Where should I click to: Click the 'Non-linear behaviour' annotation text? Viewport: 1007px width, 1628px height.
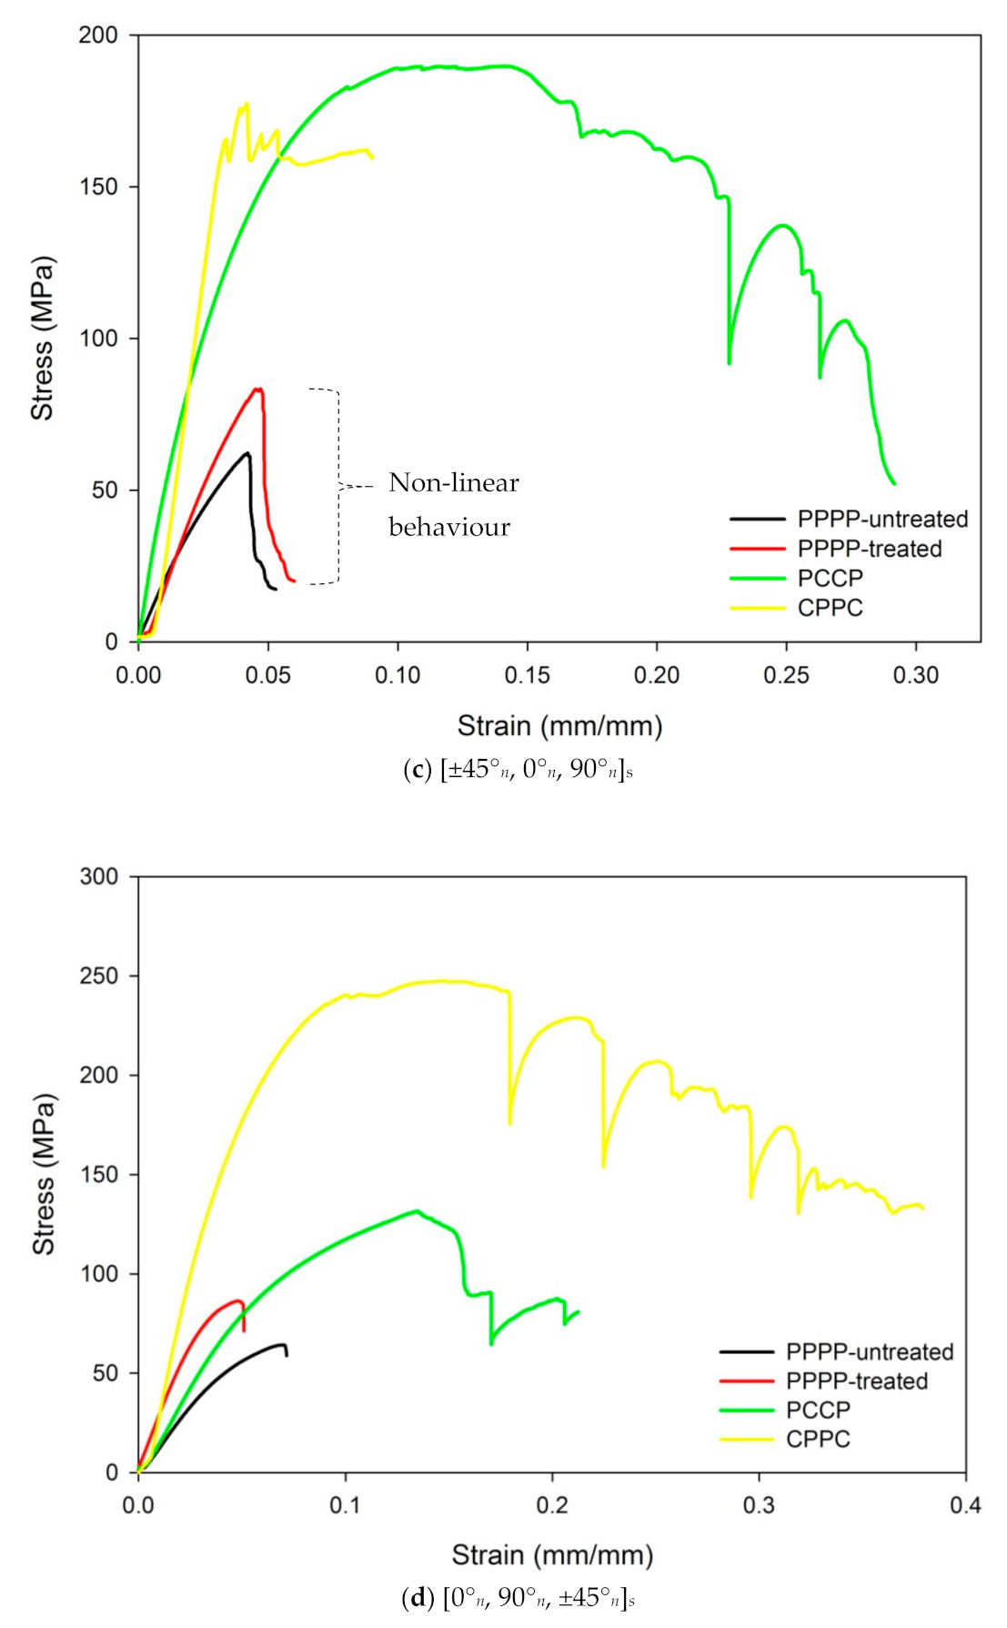click(x=453, y=504)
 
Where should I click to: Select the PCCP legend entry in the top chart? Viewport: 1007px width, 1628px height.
click(x=830, y=578)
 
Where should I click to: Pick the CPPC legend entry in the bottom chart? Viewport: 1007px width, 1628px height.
click(x=818, y=1439)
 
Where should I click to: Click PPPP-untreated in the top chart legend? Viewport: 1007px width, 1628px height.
click(x=881, y=519)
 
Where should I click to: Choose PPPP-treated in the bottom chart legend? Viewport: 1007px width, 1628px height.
click(x=856, y=1380)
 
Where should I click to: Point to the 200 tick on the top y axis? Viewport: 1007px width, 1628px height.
click(x=99, y=35)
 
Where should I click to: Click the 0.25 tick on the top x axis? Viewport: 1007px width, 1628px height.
click(x=786, y=675)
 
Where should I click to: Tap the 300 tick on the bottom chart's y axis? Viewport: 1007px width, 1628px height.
click(x=99, y=876)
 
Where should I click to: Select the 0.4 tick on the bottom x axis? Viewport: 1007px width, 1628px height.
click(x=965, y=1505)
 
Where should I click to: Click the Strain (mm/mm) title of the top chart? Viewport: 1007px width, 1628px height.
click(x=559, y=725)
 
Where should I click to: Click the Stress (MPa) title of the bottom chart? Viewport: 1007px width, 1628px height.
click(x=43, y=1174)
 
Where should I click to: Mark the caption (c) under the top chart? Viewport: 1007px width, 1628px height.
click(x=518, y=770)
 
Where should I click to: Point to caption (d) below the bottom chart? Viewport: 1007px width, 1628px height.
click(x=518, y=1597)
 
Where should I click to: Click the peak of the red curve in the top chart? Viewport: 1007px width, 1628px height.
click(x=258, y=389)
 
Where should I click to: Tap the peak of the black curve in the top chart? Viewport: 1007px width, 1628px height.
click(x=247, y=453)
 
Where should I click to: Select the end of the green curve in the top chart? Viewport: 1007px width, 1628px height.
click(x=894, y=483)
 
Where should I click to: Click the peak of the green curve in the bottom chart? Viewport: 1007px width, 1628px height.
click(x=417, y=1210)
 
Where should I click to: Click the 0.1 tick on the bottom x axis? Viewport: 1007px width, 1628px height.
click(x=345, y=1505)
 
